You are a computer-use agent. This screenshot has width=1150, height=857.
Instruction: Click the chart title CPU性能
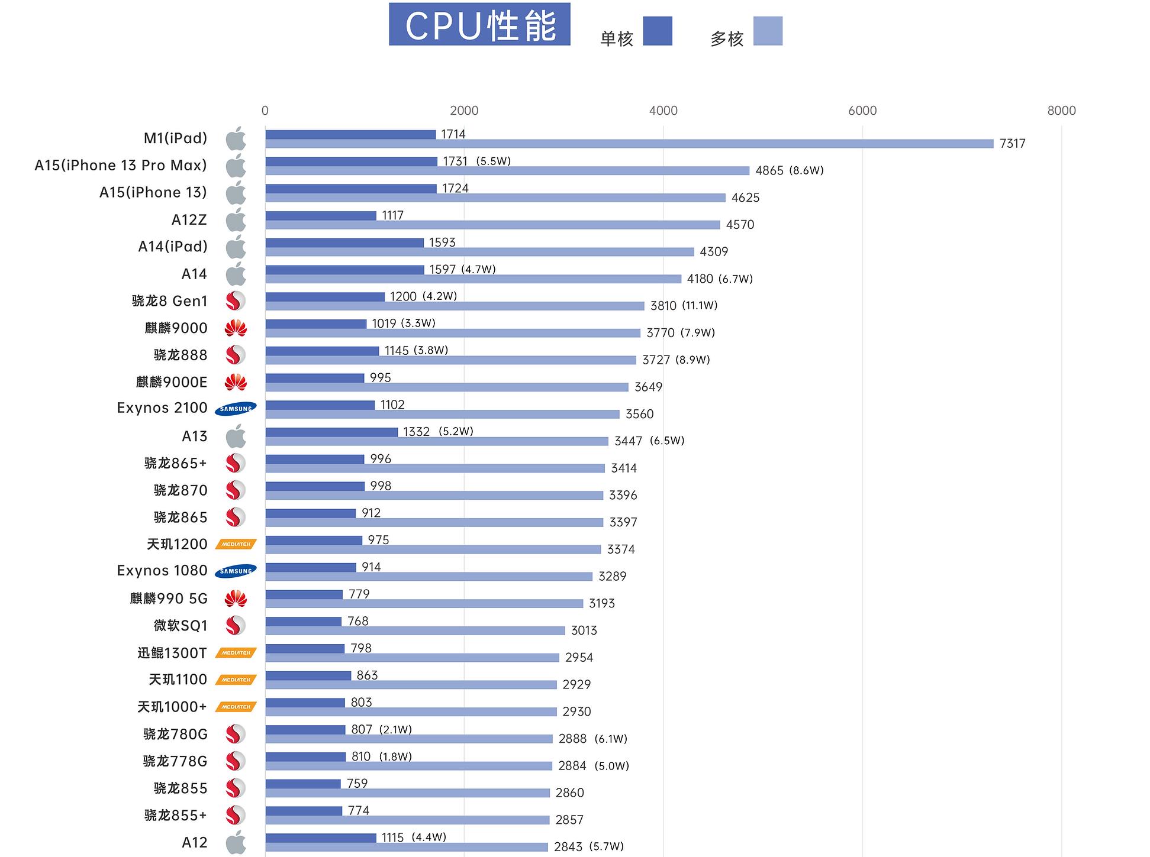tap(479, 24)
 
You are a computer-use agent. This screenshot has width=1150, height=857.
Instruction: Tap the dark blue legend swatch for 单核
tap(657, 31)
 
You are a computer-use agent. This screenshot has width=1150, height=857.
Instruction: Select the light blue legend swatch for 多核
tap(768, 31)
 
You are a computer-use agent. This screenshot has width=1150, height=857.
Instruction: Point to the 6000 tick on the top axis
tap(862, 111)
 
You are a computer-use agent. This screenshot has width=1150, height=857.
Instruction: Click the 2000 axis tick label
tap(464, 111)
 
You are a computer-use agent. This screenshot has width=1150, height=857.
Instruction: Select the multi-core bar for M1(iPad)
tap(629, 144)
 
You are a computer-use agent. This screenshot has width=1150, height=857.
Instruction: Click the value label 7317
tap(1012, 144)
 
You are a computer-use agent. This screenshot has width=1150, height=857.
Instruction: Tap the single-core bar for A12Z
tap(321, 216)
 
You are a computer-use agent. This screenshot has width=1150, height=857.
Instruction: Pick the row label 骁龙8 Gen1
tap(169, 301)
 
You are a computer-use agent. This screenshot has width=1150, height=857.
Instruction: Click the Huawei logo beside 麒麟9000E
tap(236, 382)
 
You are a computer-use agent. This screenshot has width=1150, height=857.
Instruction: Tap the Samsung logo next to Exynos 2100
tap(236, 409)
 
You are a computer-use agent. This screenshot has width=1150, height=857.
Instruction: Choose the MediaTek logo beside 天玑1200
tap(236, 544)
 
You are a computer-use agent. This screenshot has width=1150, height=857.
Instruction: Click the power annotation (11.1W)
tap(700, 305)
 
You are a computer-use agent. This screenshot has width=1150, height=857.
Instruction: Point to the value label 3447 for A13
tap(628, 441)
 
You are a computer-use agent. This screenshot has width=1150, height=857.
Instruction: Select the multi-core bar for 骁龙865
tap(434, 522)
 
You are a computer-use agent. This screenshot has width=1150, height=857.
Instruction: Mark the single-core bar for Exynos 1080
tap(311, 567)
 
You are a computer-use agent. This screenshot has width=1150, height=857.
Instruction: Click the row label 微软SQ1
tap(181, 626)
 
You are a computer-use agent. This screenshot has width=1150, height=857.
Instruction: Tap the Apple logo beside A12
tap(236, 842)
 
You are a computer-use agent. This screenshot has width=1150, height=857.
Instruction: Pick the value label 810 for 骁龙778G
tap(360, 756)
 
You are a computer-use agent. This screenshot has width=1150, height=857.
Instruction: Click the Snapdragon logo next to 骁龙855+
tap(236, 815)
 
